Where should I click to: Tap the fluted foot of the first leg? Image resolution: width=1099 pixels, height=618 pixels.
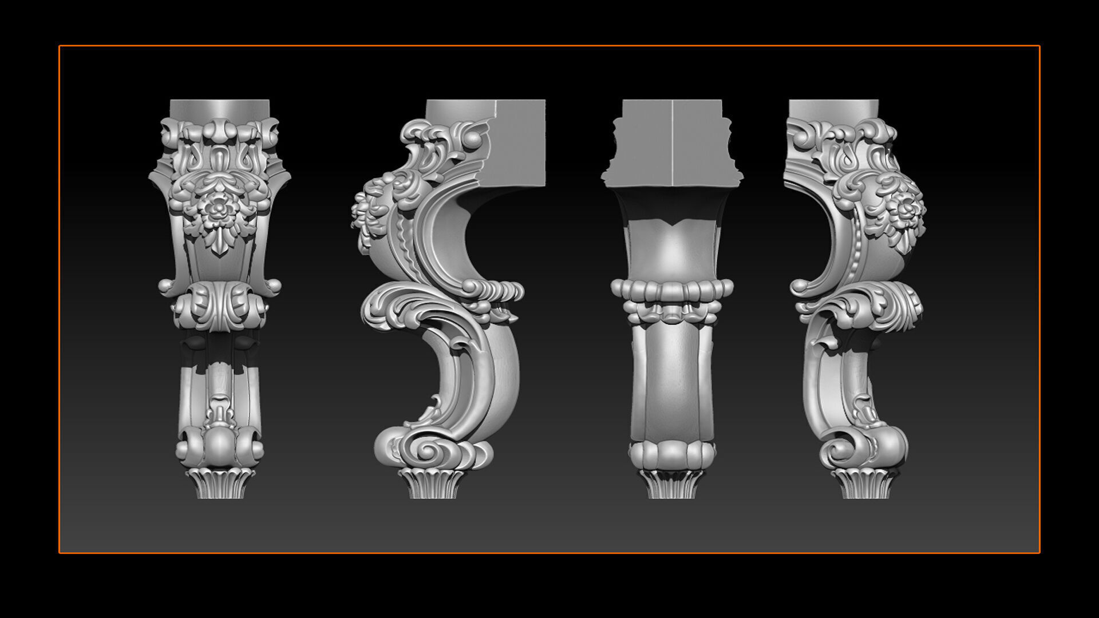[x=220, y=483]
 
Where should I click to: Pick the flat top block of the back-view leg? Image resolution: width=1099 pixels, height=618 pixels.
[x=672, y=143]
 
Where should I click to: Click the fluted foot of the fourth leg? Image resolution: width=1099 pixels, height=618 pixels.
[x=865, y=484]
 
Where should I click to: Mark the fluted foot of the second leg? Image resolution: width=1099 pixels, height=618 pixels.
[x=432, y=484]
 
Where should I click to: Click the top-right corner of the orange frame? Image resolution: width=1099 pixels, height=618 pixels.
[x=1039, y=46]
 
